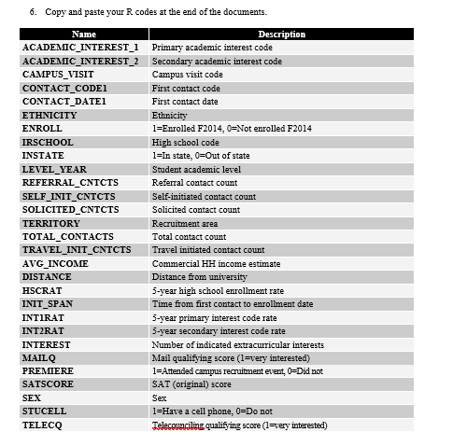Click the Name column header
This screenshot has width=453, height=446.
pyautogui.click(x=83, y=35)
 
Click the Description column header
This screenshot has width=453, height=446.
pyautogui.click(x=281, y=35)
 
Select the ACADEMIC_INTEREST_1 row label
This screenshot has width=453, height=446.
pyautogui.click(x=80, y=47)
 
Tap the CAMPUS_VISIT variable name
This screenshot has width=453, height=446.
pyautogui.click(x=58, y=74)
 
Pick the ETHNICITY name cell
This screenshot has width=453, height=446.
pyautogui.click(x=50, y=115)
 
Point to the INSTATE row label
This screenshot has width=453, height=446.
pyautogui.click(x=43, y=155)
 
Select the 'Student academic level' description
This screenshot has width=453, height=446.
pyautogui.click(x=196, y=169)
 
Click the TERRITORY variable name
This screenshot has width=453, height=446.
pyautogui.click(x=51, y=223)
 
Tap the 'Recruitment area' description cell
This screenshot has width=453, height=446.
pyautogui.click(x=185, y=223)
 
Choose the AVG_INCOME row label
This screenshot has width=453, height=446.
pyautogui.click(x=55, y=263)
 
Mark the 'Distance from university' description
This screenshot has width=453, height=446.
pyautogui.click(x=199, y=277)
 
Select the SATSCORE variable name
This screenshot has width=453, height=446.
pyautogui.click(x=48, y=384)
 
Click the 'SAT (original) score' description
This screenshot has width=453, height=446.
pyautogui.click(x=191, y=384)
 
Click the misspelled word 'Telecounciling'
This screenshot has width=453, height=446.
pyautogui.click(x=177, y=425)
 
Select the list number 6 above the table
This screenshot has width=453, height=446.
pyautogui.click(x=34, y=12)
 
